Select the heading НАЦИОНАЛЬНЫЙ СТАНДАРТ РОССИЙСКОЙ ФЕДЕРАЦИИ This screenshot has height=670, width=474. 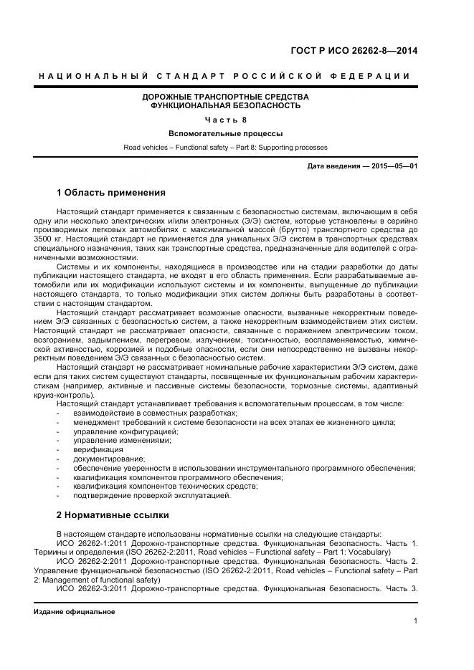click(224, 76)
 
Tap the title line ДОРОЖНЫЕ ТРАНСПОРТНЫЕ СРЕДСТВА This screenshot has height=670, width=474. click(225, 96)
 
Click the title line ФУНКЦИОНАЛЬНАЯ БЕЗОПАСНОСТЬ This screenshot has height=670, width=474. click(225, 105)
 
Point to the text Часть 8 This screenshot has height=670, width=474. click(225, 120)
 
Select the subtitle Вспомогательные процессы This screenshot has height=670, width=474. click(225, 133)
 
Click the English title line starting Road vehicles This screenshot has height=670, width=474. click(225, 147)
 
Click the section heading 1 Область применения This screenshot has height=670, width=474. click(110, 193)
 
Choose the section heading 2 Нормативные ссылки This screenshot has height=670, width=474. click(112, 515)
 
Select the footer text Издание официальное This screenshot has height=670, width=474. click(74, 612)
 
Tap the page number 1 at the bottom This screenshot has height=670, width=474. click(415, 621)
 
